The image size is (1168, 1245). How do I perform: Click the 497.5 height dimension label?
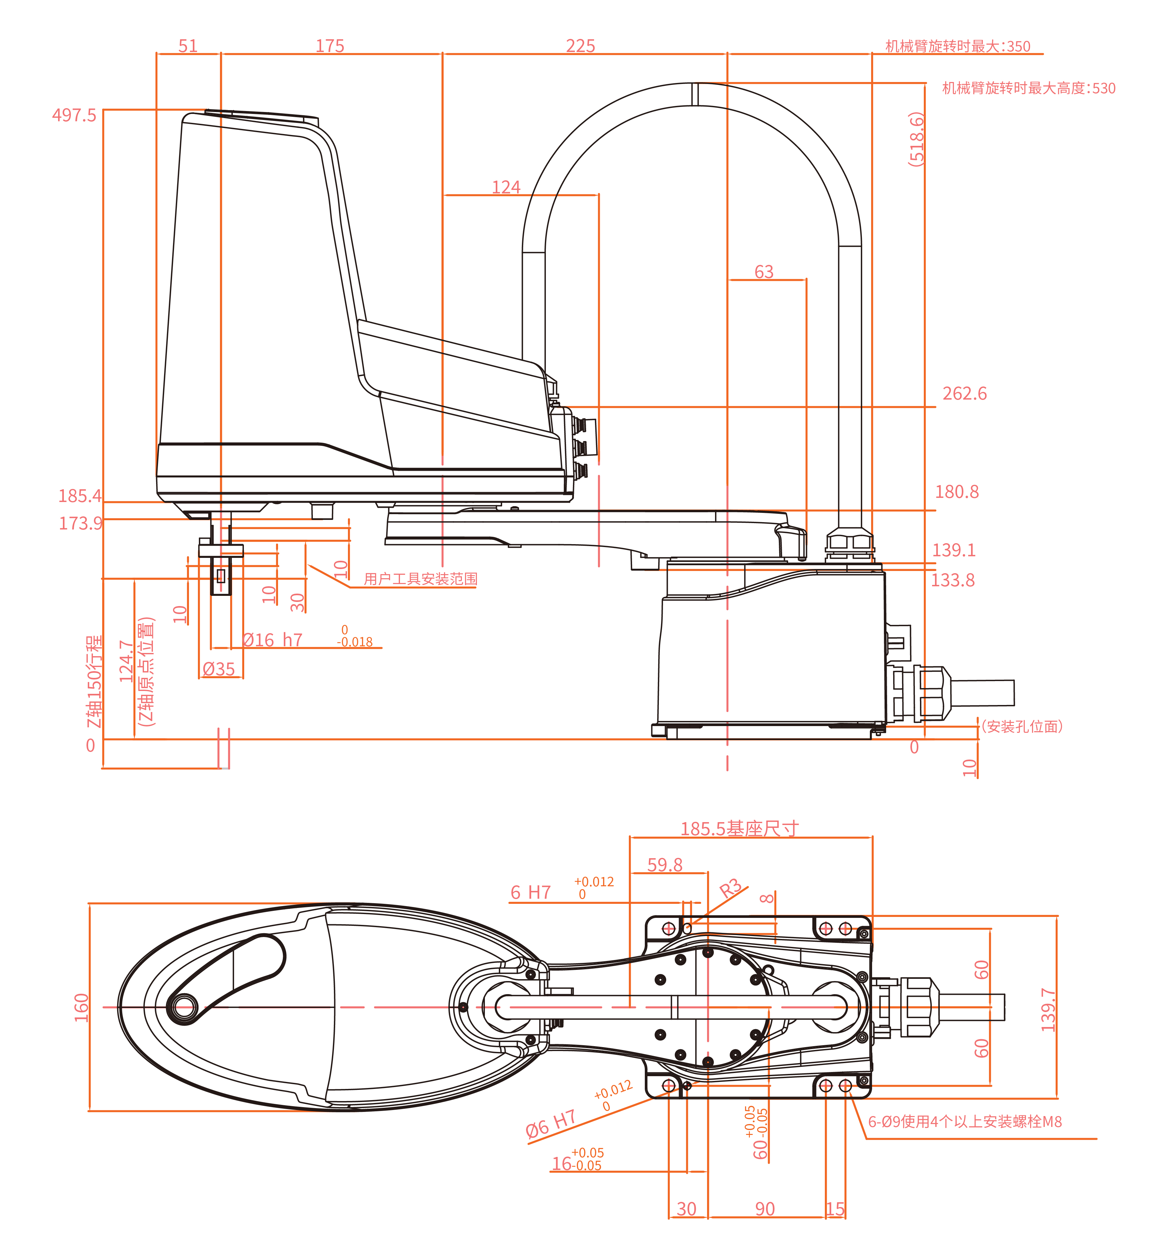tap(74, 115)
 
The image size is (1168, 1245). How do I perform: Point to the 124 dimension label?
tap(506, 187)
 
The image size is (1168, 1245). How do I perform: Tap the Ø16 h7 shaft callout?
tap(273, 640)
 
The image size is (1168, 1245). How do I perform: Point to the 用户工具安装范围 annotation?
tap(420, 579)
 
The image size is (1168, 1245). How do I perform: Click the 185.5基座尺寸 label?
tap(740, 829)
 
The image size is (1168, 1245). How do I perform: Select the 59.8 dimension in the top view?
tap(665, 865)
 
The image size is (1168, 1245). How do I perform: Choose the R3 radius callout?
tap(730, 889)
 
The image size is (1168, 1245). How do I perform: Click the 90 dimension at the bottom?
tap(765, 1209)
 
